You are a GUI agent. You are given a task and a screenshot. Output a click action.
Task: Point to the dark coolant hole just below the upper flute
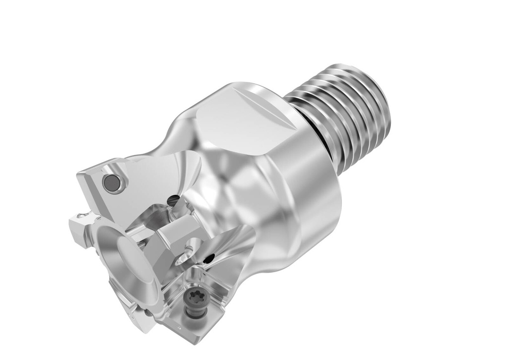[x=173, y=200]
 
